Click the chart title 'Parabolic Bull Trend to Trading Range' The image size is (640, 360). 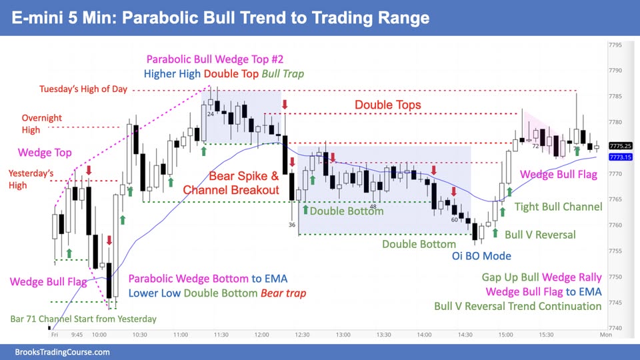point(275,18)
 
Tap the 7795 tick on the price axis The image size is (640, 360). point(615,45)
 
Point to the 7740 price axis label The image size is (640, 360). point(615,328)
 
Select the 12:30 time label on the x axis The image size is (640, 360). point(302,335)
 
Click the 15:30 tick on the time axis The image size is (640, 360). point(546,335)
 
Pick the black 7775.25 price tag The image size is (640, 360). point(621,146)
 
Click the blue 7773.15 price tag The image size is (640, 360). point(621,157)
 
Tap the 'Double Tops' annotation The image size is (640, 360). point(388,105)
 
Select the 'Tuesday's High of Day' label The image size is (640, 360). point(83,89)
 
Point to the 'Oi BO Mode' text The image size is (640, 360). point(481,256)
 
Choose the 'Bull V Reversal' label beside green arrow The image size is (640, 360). point(540,235)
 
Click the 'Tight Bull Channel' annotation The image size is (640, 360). point(558,207)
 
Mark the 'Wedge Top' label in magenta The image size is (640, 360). point(45,153)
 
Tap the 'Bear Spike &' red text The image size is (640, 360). point(244,176)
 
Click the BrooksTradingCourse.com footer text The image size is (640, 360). point(62,352)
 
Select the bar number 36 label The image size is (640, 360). point(292,225)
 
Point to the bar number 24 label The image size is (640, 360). point(211,114)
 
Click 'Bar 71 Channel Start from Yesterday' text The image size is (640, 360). point(83,319)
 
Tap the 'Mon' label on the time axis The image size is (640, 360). point(606,335)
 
